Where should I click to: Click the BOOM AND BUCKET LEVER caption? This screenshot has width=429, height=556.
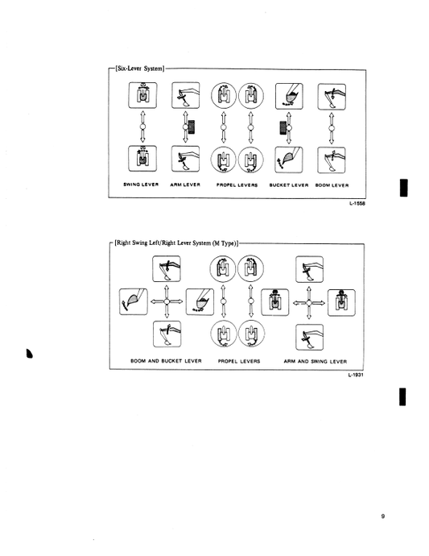[x=167, y=361]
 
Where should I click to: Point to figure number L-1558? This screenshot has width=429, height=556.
[x=357, y=205]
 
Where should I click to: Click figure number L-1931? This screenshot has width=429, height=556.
[x=357, y=375]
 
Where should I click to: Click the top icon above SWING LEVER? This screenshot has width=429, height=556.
[x=141, y=98]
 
